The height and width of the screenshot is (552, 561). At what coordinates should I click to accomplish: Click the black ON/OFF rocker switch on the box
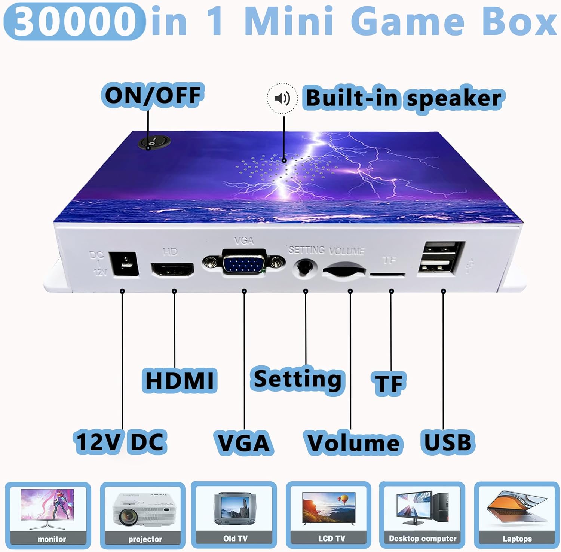point(154,142)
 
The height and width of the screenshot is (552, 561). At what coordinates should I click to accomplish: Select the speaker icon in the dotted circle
point(282,98)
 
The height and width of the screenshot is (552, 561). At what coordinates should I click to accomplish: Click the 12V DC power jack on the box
point(124,264)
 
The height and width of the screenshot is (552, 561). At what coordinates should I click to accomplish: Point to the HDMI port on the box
point(172,270)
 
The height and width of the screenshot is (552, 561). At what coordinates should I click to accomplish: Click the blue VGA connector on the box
point(244,261)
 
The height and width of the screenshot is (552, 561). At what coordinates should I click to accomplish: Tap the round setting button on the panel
point(305,267)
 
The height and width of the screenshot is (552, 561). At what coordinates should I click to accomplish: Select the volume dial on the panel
point(343,270)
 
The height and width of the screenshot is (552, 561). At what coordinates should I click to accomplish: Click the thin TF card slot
point(387,275)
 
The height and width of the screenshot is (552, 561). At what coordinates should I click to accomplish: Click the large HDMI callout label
point(180,380)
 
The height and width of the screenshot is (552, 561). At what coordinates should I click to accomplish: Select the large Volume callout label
point(353,443)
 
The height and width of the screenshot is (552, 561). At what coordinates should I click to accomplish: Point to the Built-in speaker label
point(404,98)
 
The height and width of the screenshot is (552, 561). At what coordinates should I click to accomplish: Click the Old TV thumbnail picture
point(234,509)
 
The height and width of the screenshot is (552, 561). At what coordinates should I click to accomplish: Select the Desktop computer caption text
point(423,539)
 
